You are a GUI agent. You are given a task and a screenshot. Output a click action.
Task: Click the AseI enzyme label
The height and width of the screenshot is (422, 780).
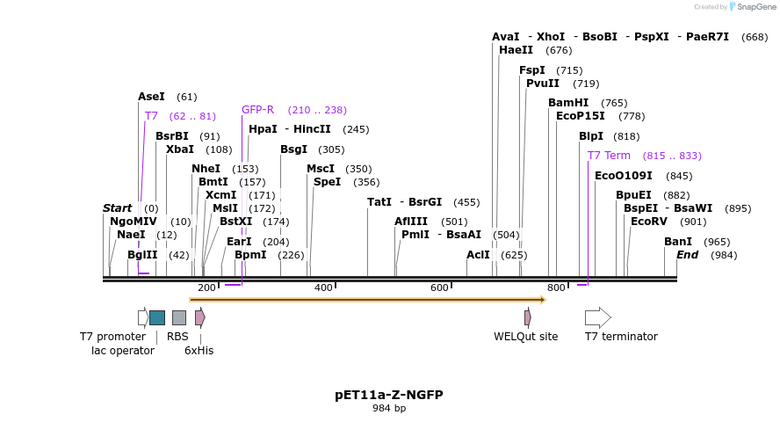151,97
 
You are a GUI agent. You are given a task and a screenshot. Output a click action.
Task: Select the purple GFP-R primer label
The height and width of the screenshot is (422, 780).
257,110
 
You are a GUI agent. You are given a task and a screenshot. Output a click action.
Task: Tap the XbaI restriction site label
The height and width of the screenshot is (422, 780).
180,149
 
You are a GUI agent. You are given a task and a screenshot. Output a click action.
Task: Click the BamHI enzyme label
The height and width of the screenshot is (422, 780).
568,103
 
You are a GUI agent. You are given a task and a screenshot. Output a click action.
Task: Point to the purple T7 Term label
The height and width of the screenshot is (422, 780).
609,156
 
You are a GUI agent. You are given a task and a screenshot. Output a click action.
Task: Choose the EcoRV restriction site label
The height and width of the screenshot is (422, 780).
650,222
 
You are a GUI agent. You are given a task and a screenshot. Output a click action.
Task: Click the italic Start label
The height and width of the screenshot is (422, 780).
117,208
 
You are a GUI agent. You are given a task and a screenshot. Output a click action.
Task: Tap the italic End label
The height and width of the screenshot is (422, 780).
687,255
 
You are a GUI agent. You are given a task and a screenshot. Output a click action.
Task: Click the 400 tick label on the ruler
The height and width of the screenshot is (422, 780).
323,288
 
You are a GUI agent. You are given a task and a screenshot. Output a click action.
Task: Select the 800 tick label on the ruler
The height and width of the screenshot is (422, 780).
556,288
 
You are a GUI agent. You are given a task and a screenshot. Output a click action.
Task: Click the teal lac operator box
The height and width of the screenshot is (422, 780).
157,317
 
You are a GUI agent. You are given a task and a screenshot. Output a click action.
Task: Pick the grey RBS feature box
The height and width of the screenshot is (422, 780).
179,317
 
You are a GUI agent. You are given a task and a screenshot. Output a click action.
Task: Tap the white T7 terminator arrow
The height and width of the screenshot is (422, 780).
597,317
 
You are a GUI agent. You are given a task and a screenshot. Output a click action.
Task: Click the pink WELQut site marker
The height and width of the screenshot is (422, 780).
527,317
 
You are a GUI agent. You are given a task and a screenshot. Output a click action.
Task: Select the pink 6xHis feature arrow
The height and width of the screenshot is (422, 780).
200,317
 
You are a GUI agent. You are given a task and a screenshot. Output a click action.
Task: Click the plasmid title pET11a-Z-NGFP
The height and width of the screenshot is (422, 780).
389,395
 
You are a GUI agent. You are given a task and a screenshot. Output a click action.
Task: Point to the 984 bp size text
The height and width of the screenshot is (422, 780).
389,408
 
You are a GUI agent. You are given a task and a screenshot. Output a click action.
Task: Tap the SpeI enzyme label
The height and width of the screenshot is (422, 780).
327,182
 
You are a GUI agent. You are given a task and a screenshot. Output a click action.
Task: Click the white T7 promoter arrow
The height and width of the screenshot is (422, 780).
143,317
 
